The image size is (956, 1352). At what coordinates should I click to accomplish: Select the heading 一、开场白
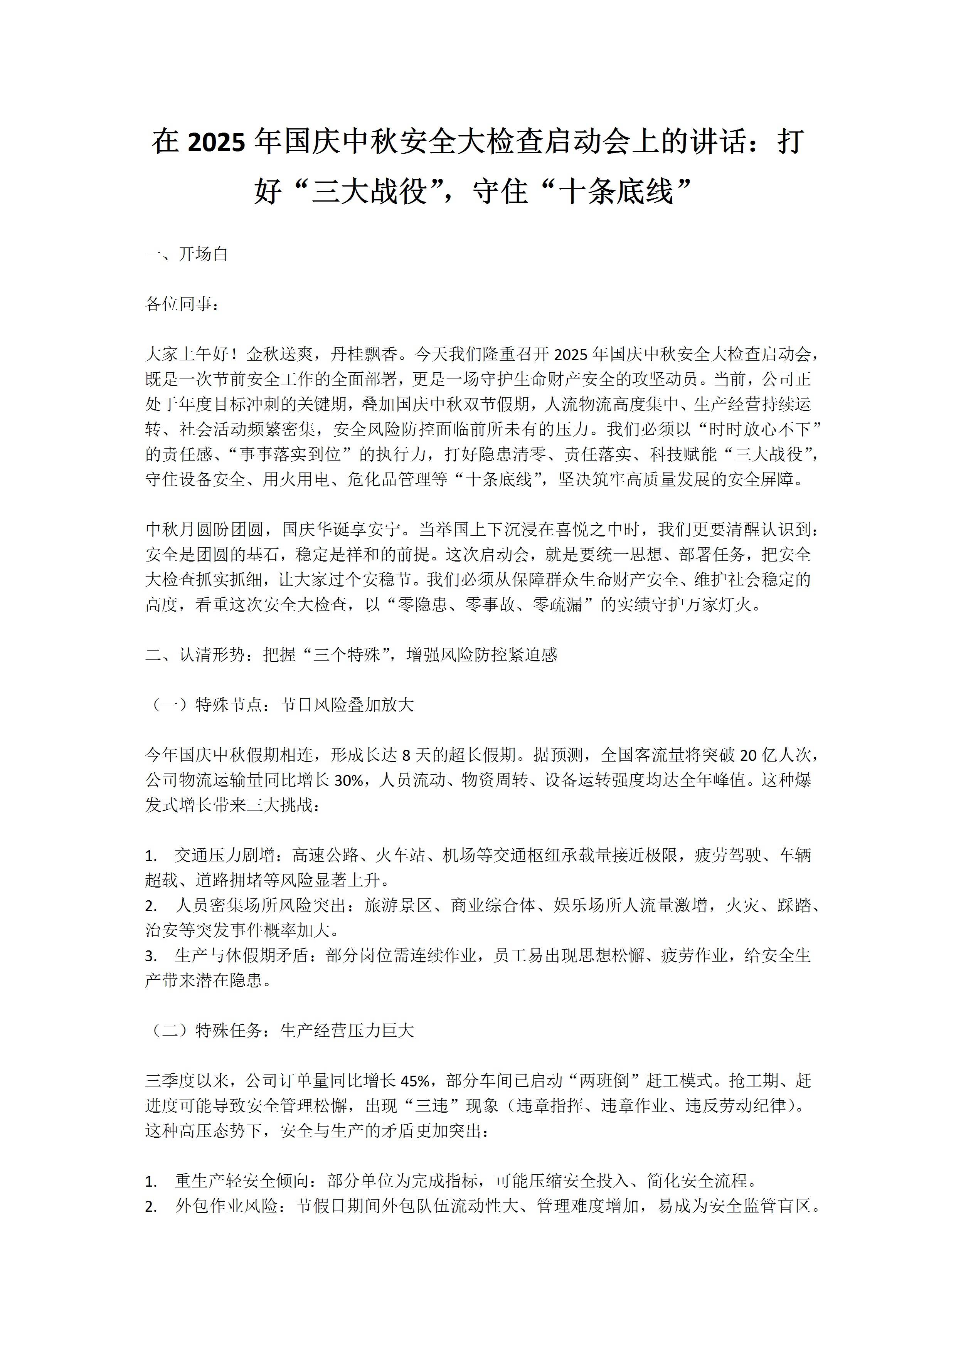187,254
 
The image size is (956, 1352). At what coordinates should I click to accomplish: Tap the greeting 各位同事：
182,304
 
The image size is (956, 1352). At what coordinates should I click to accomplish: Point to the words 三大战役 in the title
369,193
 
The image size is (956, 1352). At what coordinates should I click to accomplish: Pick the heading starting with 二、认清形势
351,655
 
